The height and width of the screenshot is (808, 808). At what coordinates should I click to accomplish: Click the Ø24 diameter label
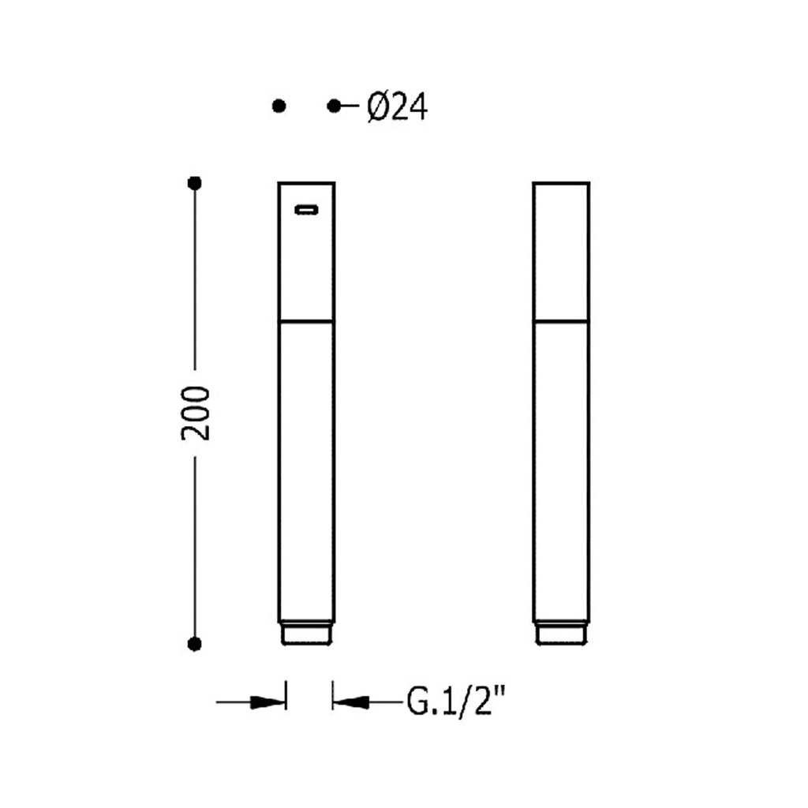(398, 107)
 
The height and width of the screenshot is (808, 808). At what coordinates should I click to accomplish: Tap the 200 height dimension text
(196, 413)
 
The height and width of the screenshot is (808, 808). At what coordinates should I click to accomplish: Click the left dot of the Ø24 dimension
(279, 107)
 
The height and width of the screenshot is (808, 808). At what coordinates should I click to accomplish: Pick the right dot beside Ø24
(334, 107)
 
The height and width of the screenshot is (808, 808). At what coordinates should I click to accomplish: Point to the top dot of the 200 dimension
(194, 183)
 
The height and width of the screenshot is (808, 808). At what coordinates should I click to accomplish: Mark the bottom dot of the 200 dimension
(194, 644)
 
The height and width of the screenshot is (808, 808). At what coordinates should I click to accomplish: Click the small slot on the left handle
(306, 209)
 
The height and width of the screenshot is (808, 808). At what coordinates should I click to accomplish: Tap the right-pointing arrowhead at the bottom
(267, 701)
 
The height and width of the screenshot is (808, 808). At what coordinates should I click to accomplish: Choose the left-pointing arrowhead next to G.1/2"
(351, 701)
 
